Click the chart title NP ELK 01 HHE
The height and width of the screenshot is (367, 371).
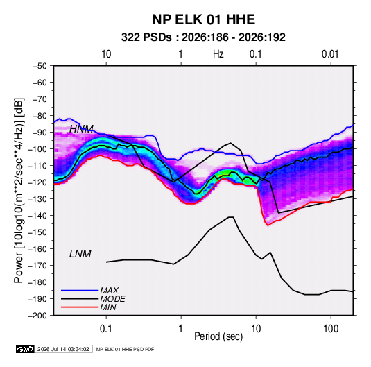click(203, 19)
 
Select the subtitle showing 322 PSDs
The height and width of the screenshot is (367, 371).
click(203, 37)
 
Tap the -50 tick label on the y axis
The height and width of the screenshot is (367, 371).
click(40, 66)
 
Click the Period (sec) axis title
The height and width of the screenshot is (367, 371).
click(218, 336)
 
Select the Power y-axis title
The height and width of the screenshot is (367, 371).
click(19, 191)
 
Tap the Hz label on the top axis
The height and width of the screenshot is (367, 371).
click(218, 54)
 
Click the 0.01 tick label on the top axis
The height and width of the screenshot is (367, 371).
click(330, 54)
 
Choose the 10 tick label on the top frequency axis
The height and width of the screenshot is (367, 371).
click(106, 54)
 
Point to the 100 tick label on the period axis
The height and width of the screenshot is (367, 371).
click(331, 329)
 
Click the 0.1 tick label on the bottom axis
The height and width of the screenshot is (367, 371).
click(106, 329)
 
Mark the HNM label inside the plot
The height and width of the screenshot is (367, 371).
click(81, 129)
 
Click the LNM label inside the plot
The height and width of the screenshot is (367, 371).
click(80, 254)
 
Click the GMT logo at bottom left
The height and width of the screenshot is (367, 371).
click(25, 349)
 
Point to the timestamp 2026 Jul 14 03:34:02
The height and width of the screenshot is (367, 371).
click(63, 349)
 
